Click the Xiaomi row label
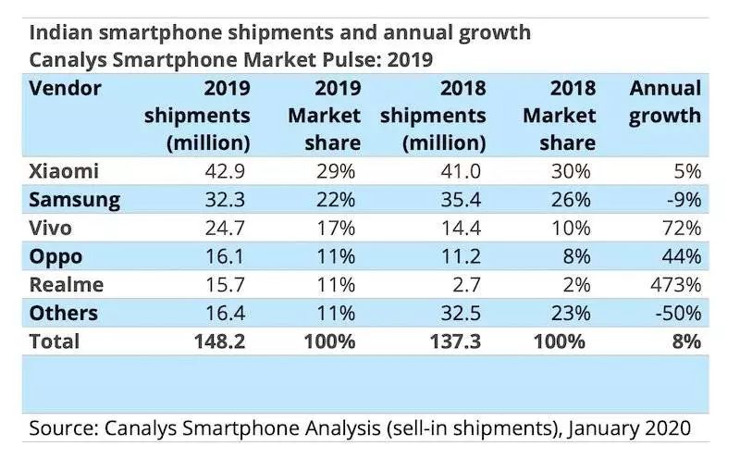[x=64, y=172]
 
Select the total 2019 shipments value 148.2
[x=220, y=341]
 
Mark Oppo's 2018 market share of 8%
[x=581, y=256]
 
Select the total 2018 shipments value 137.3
[x=457, y=341]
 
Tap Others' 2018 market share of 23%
[x=573, y=313]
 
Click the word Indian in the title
[x=63, y=32]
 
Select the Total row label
[x=55, y=341]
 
